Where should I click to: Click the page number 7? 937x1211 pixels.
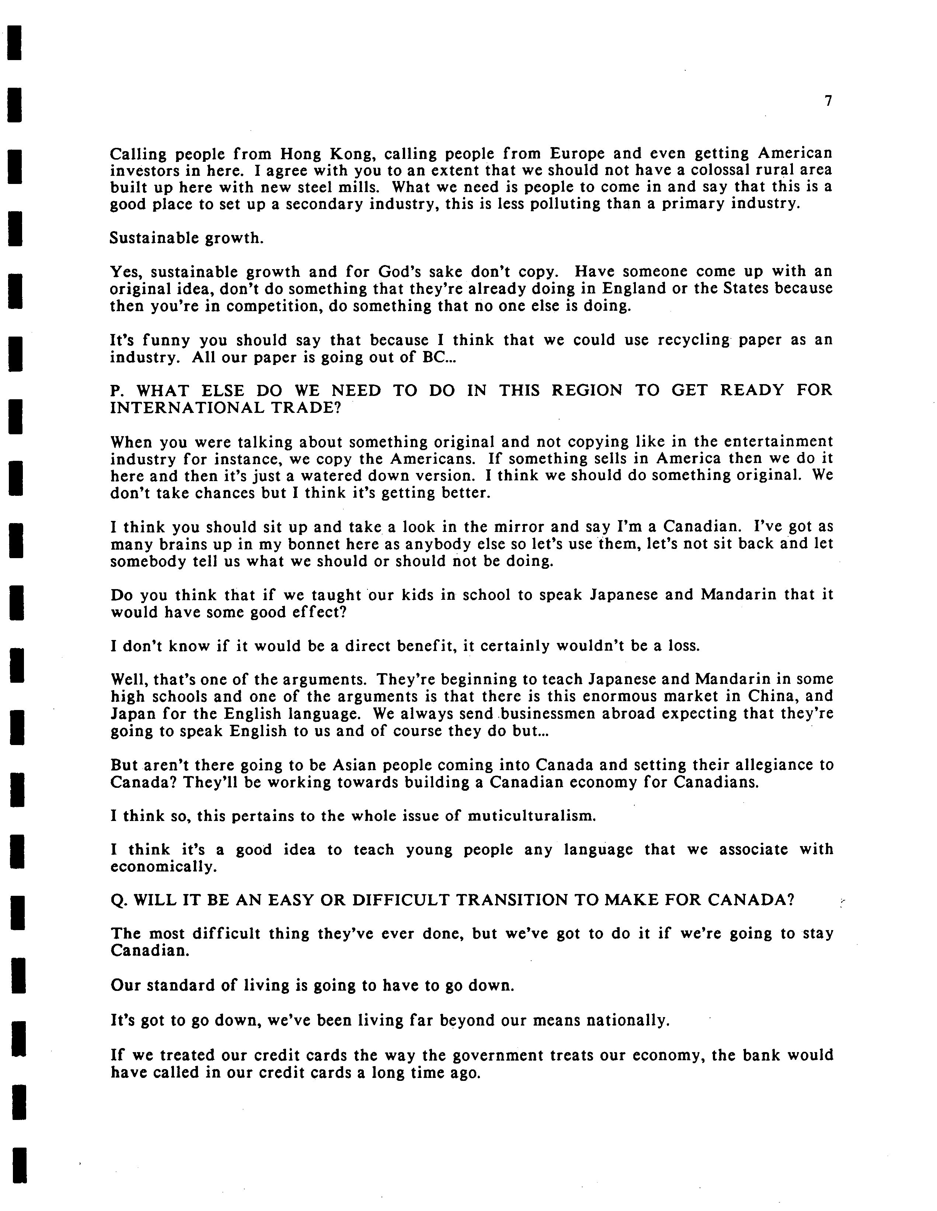click(828, 101)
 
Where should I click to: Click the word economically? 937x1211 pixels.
click(163, 867)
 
